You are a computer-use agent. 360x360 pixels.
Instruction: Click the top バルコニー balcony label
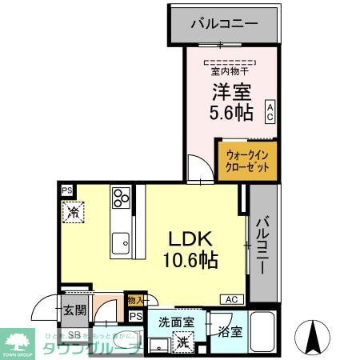coord(224,23)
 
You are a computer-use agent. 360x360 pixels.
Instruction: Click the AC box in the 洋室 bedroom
coord(271,110)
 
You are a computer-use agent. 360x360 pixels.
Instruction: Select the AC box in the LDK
coord(230,299)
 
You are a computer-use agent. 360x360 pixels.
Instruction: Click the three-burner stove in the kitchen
coord(122,198)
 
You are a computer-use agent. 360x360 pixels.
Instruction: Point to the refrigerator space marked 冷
coord(73,213)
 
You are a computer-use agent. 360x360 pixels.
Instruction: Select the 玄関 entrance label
coord(75,310)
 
